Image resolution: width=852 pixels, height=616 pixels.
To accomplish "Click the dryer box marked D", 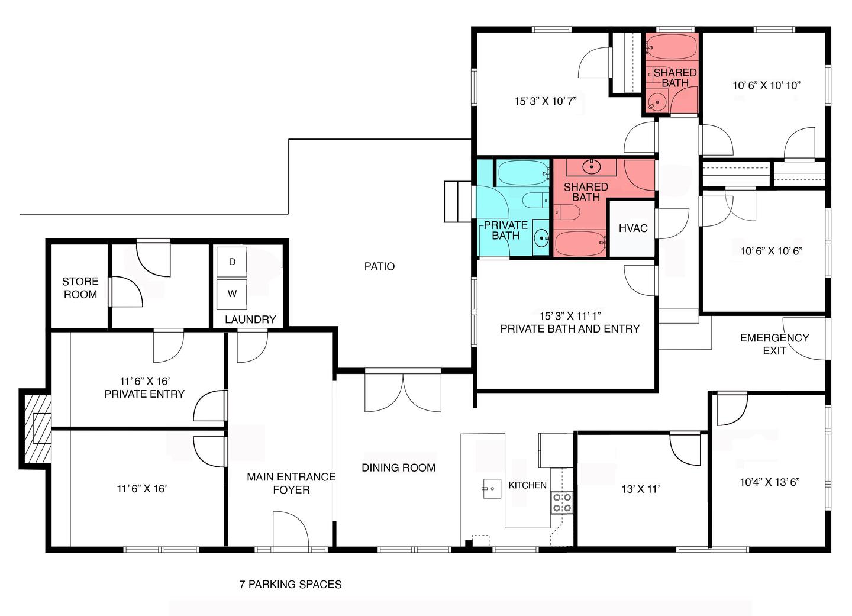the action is coord(232,262).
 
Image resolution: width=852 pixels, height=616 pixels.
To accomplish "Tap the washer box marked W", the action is coord(232,294).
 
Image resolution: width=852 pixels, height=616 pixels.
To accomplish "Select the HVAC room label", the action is coord(633,228).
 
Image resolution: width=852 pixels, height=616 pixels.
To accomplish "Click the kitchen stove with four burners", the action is coord(562,502).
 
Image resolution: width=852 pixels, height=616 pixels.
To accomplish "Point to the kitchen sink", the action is coord(492,489).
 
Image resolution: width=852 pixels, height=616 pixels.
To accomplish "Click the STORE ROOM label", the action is coord(80,288).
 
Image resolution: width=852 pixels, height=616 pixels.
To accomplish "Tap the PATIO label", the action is coord(379,266).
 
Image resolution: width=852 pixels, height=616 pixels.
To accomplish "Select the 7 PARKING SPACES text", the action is coord(290,584).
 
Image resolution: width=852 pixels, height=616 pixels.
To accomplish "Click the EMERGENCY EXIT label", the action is coord(774,344).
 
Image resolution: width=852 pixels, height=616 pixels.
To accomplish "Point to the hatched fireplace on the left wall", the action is coord(37,428).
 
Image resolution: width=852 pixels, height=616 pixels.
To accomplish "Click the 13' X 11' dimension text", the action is coord(641,489).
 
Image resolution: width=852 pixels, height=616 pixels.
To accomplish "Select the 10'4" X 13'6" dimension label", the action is coord(769,482).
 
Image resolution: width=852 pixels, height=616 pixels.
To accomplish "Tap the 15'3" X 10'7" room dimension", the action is coord(546,101).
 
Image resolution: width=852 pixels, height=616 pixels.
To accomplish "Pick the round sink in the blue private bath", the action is coord(541,238).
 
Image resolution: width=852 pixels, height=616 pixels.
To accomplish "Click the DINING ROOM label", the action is coord(398,467).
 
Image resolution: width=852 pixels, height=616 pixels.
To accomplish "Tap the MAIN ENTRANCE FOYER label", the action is coord(291,483).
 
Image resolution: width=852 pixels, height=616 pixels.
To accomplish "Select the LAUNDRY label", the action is coord(250,320).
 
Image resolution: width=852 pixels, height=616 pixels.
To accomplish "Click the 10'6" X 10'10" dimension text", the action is coord(766,86).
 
